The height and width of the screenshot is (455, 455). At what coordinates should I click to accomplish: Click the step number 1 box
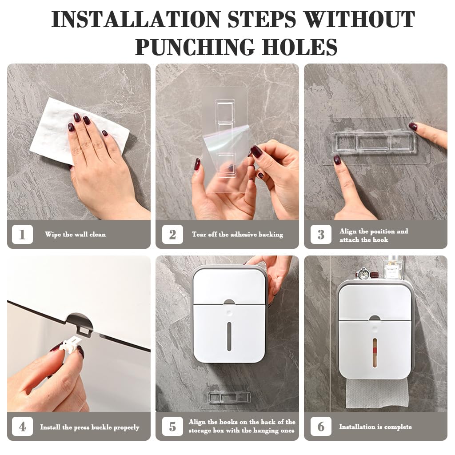point(22,234)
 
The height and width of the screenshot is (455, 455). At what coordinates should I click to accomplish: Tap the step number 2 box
point(172,234)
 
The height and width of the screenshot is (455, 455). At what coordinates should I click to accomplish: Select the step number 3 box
point(321,234)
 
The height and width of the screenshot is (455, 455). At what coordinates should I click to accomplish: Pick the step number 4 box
point(22,427)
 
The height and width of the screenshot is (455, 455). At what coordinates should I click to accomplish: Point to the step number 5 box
point(172,427)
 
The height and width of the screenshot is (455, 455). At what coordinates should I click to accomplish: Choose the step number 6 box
point(321,427)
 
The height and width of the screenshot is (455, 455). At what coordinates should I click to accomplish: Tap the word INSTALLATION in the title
point(136,20)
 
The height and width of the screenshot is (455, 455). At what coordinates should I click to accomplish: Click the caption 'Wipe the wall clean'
point(75,234)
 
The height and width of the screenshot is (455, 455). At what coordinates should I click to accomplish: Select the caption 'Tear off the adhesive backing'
point(237,234)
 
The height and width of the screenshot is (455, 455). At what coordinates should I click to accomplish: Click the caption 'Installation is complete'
point(375,427)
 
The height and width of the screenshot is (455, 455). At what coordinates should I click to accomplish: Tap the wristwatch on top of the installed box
point(364,274)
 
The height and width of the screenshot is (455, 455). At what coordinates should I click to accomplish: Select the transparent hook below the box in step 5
point(227,396)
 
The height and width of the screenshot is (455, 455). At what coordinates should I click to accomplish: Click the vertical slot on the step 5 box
point(229,336)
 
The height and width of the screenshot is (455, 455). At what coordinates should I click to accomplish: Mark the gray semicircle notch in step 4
point(80,321)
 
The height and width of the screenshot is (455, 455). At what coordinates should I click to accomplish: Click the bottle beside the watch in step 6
point(394,268)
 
